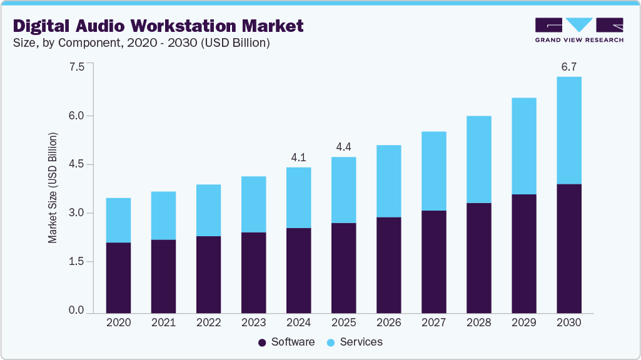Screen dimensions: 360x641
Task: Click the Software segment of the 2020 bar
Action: tap(118, 277)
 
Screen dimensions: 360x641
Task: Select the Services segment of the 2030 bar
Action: tap(568, 131)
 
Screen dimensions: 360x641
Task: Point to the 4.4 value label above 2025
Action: tap(343, 147)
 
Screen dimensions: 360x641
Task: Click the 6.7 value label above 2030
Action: tap(568, 67)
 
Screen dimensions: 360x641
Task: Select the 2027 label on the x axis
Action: tap(433, 323)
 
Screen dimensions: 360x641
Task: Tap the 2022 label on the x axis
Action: tap(208, 323)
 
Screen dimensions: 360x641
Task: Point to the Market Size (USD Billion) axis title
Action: tap(53, 187)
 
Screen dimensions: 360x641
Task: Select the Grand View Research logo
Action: tap(579, 30)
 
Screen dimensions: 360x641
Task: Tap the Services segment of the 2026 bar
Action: tap(388, 181)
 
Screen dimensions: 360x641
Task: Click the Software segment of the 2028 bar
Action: tap(478, 257)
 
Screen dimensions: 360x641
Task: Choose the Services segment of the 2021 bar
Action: tap(163, 216)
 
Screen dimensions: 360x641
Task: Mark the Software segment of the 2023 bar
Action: tap(253, 272)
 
